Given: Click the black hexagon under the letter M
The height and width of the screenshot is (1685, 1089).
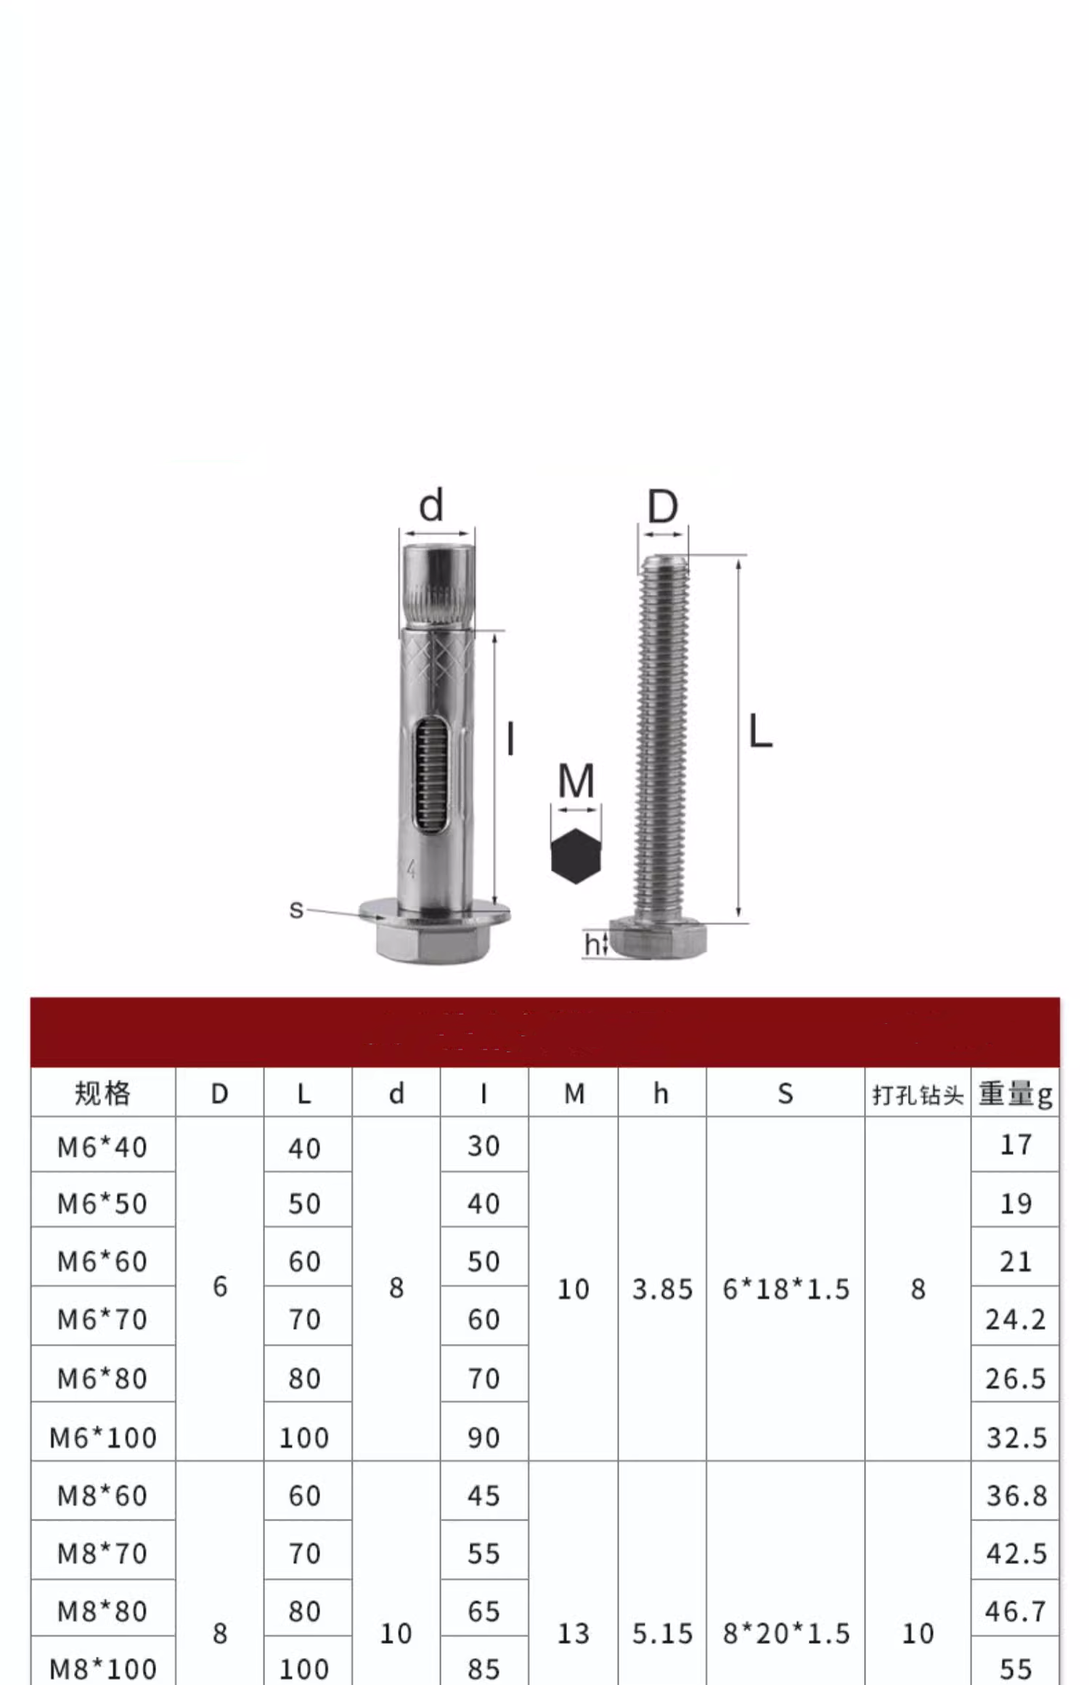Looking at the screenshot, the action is pos(576,856).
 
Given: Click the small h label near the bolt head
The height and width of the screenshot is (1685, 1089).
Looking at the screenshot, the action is pos(592,944).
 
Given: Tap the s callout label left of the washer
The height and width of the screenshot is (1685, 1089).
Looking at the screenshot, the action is pos(295,909).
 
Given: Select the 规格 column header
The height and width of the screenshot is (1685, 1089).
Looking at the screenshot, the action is pos(102,1093).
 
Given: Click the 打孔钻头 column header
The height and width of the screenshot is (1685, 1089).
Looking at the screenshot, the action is pos(918,1094).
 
